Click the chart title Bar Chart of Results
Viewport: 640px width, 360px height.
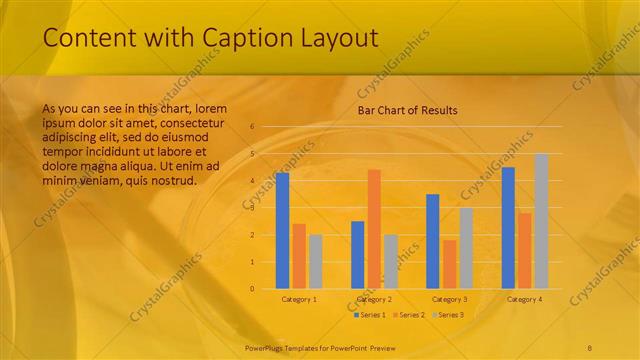[407, 110]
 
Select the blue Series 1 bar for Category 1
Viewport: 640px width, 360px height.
[282, 231]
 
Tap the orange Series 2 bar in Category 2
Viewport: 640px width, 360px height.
[374, 229]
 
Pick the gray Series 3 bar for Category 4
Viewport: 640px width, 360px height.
[541, 221]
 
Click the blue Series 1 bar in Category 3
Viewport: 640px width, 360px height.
[433, 241]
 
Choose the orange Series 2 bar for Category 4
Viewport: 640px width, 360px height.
[525, 250]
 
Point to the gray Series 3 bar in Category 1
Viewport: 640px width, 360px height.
[315, 261]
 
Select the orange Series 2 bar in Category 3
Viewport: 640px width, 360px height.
[449, 264]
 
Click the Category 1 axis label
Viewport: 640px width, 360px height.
[299, 299]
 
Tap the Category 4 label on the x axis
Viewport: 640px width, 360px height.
[525, 299]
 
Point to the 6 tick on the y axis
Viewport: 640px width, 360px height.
[252, 127]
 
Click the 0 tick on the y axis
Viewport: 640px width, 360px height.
[252, 289]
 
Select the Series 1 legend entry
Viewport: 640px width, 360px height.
[370, 315]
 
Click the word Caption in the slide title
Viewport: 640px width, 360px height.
[239, 39]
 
